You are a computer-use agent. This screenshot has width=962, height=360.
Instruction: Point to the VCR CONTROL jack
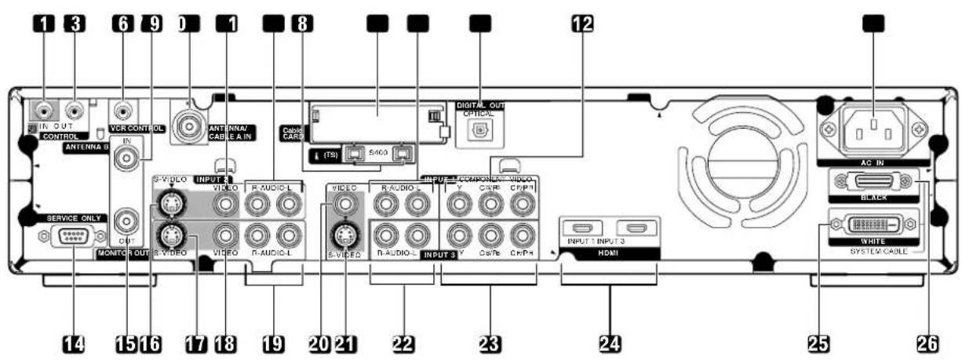click(x=123, y=111)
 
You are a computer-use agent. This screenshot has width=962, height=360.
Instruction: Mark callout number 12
click(x=581, y=24)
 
